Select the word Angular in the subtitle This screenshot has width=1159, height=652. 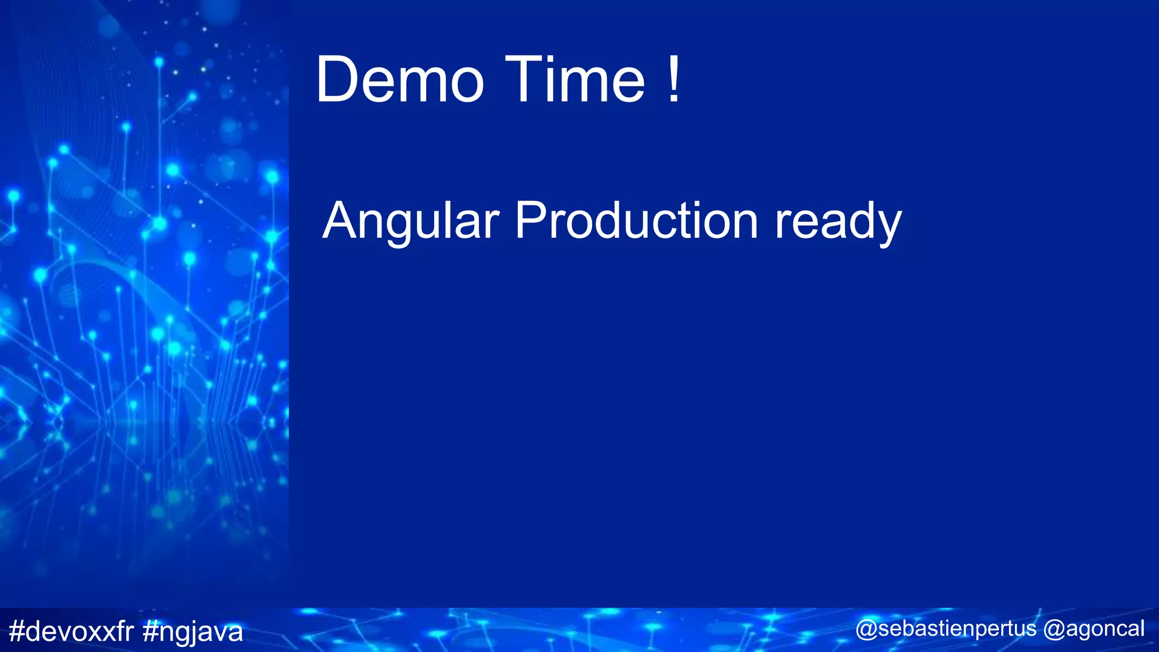click(x=411, y=222)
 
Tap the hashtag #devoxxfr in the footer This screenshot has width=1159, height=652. click(x=71, y=631)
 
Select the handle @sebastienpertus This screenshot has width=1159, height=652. click(x=946, y=629)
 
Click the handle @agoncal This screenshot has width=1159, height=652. click(x=1093, y=629)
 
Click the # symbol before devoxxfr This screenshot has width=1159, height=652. click(x=18, y=631)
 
